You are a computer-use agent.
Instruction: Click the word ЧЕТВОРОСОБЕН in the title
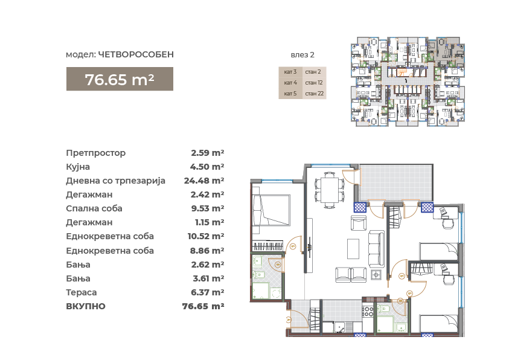click(x=136, y=54)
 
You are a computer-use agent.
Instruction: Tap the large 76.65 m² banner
click(x=120, y=79)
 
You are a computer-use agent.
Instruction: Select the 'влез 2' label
click(x=303, y=55)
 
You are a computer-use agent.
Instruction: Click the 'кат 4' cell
click(x=290, y=83)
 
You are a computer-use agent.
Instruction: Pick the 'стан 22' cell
click(x=314, y=94)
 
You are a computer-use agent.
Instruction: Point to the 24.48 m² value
click(x=204, y=181)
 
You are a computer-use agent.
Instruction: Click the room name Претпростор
click(x=96, y=153)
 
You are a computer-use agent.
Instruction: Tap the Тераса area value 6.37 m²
click(x=208, y=292)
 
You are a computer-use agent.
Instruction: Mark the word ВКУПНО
click(x=86, y=306)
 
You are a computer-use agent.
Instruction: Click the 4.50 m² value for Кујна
click(x=207, y=167)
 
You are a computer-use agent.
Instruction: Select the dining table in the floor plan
click(x=330, y=190)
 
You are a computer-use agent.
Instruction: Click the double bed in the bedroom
click(x=271, y=210)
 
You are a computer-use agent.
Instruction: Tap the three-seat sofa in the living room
click(x=377, y=249)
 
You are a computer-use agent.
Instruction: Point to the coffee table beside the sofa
click(x=353, y=249)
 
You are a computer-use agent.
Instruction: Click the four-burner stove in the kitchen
click(x=369, y=311)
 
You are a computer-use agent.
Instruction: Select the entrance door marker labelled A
click(x=288, y=320)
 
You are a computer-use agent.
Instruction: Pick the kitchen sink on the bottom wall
click(x=340, y=327)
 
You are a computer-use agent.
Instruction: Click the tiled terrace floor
click(x=395, y=182)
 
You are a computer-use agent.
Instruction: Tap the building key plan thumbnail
click(x=408, y=82)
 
